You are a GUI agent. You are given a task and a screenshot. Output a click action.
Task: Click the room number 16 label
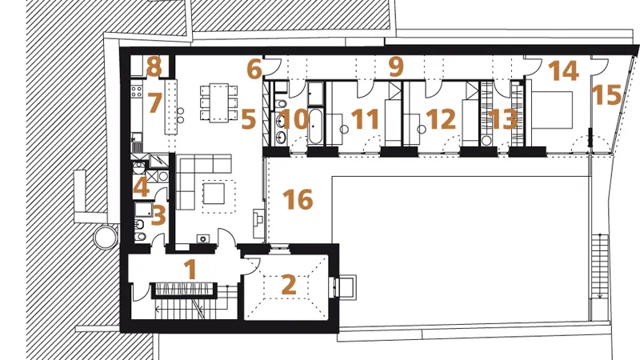(x=298, y=199)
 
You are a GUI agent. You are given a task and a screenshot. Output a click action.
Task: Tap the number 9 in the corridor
(x=396, y=66)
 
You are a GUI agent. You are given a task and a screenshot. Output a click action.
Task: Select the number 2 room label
(x=289, y=285)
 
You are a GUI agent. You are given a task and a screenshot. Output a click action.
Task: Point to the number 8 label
(x=154, y=66)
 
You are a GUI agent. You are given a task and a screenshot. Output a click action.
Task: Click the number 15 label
(x=606, y=94)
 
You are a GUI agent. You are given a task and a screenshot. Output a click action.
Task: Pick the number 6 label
(x=254, y=69)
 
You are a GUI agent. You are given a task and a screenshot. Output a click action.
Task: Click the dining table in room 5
(x=218, y=103)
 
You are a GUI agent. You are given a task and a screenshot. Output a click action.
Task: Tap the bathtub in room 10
(x=316, y=126)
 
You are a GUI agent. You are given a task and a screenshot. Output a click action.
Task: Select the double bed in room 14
(x=552, y=110)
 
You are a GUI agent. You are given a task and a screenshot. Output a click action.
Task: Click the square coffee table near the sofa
(x=214, y=194)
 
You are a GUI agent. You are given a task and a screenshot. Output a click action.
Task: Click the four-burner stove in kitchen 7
(x=136, y=91)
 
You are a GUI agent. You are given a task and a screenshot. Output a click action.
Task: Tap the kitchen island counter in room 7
(x=171, y=107)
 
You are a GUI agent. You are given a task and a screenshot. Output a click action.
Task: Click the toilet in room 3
(x=140, y=236)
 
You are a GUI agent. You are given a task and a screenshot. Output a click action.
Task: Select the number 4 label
(x=142, y=187)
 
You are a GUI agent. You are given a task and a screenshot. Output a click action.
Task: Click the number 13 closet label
(x=503, y=119)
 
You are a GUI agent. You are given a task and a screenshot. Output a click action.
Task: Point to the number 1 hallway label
(x=190, y=270)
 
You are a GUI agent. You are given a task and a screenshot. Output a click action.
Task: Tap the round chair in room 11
(x=344, y=130)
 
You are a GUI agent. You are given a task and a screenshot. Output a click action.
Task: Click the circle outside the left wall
(x=106, y=237)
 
